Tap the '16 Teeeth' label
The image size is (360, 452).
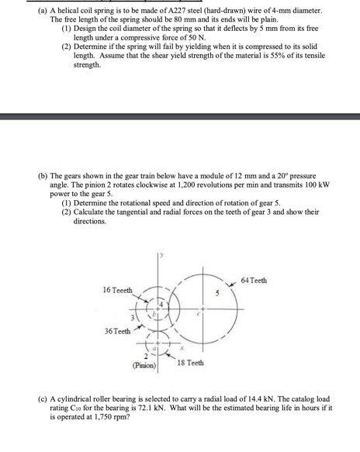(x=117, y=289)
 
